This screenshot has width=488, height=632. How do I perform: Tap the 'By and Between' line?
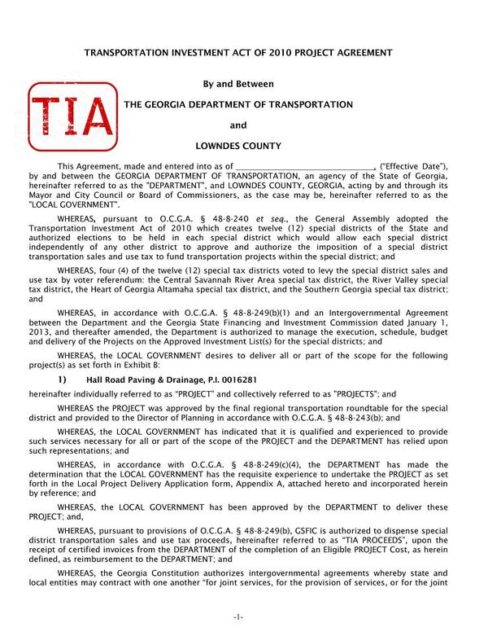coord(237,84)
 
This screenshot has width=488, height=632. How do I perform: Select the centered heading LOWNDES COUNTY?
coord(238,147)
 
